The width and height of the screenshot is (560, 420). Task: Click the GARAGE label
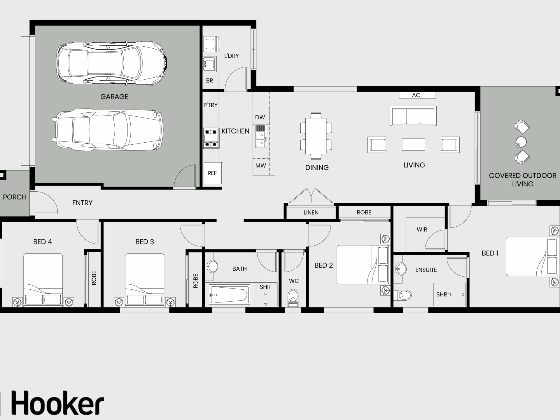pyautogui.click(x=114, y=97)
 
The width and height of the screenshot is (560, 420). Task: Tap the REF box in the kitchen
pyautogui.click(x=212, y=173)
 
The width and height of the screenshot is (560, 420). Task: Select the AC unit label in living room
pyautogui.click(x=416, y=95)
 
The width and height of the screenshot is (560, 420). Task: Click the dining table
pyautogui.click(x=316, y=136)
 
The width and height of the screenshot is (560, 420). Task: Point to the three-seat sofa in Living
pyautogui.click(x=413, y=116)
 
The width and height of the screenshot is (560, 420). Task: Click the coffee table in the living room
pyautogui.click(x=413, y=144)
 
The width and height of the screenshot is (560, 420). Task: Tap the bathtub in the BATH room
pyautogui.click(x=230, y=295)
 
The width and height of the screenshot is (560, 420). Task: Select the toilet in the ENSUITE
pyautogui.click(x=402, y=295)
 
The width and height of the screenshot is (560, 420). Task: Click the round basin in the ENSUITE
pyautogui.click(x=401, y=268)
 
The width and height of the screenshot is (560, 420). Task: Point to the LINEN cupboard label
pyautogui.click(x=311, y=213)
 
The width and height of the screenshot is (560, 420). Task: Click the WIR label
pyautogui.click(x=422, y=230)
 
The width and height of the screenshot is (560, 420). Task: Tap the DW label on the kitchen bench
pyautogui.click(x=260, y=117)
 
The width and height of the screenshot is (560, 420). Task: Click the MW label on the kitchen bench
pyautogui.click(x=260, y=166)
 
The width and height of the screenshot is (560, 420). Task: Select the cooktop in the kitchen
pyautogui.click(x=211, y=138)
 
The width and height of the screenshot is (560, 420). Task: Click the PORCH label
pyautogui.click(x=15, y=197)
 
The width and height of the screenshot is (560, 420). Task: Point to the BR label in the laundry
pyautogui.click(x=209, y=80)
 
